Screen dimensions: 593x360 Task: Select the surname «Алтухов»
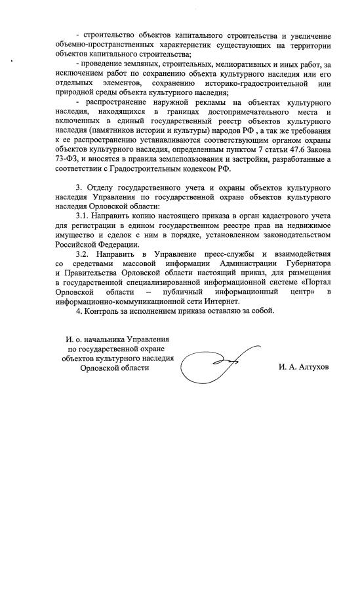coord(310,368)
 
